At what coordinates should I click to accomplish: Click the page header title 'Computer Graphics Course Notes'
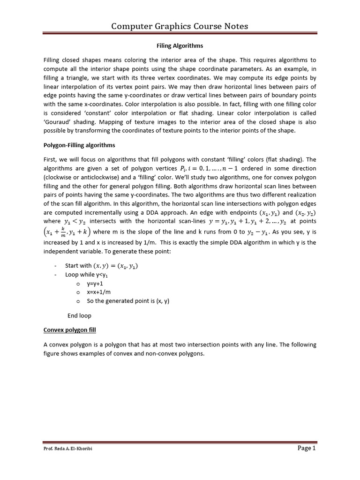(x=180, y=26)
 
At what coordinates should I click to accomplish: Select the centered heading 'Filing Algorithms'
(x=180, y=46)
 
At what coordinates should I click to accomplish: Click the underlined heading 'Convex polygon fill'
(x=69, y=330)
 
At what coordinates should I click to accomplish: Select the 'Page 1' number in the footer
(x=307, y=448)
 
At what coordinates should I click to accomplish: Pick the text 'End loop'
(x=79, y=315)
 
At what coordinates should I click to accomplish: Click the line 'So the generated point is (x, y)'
(x=128, y=301)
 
